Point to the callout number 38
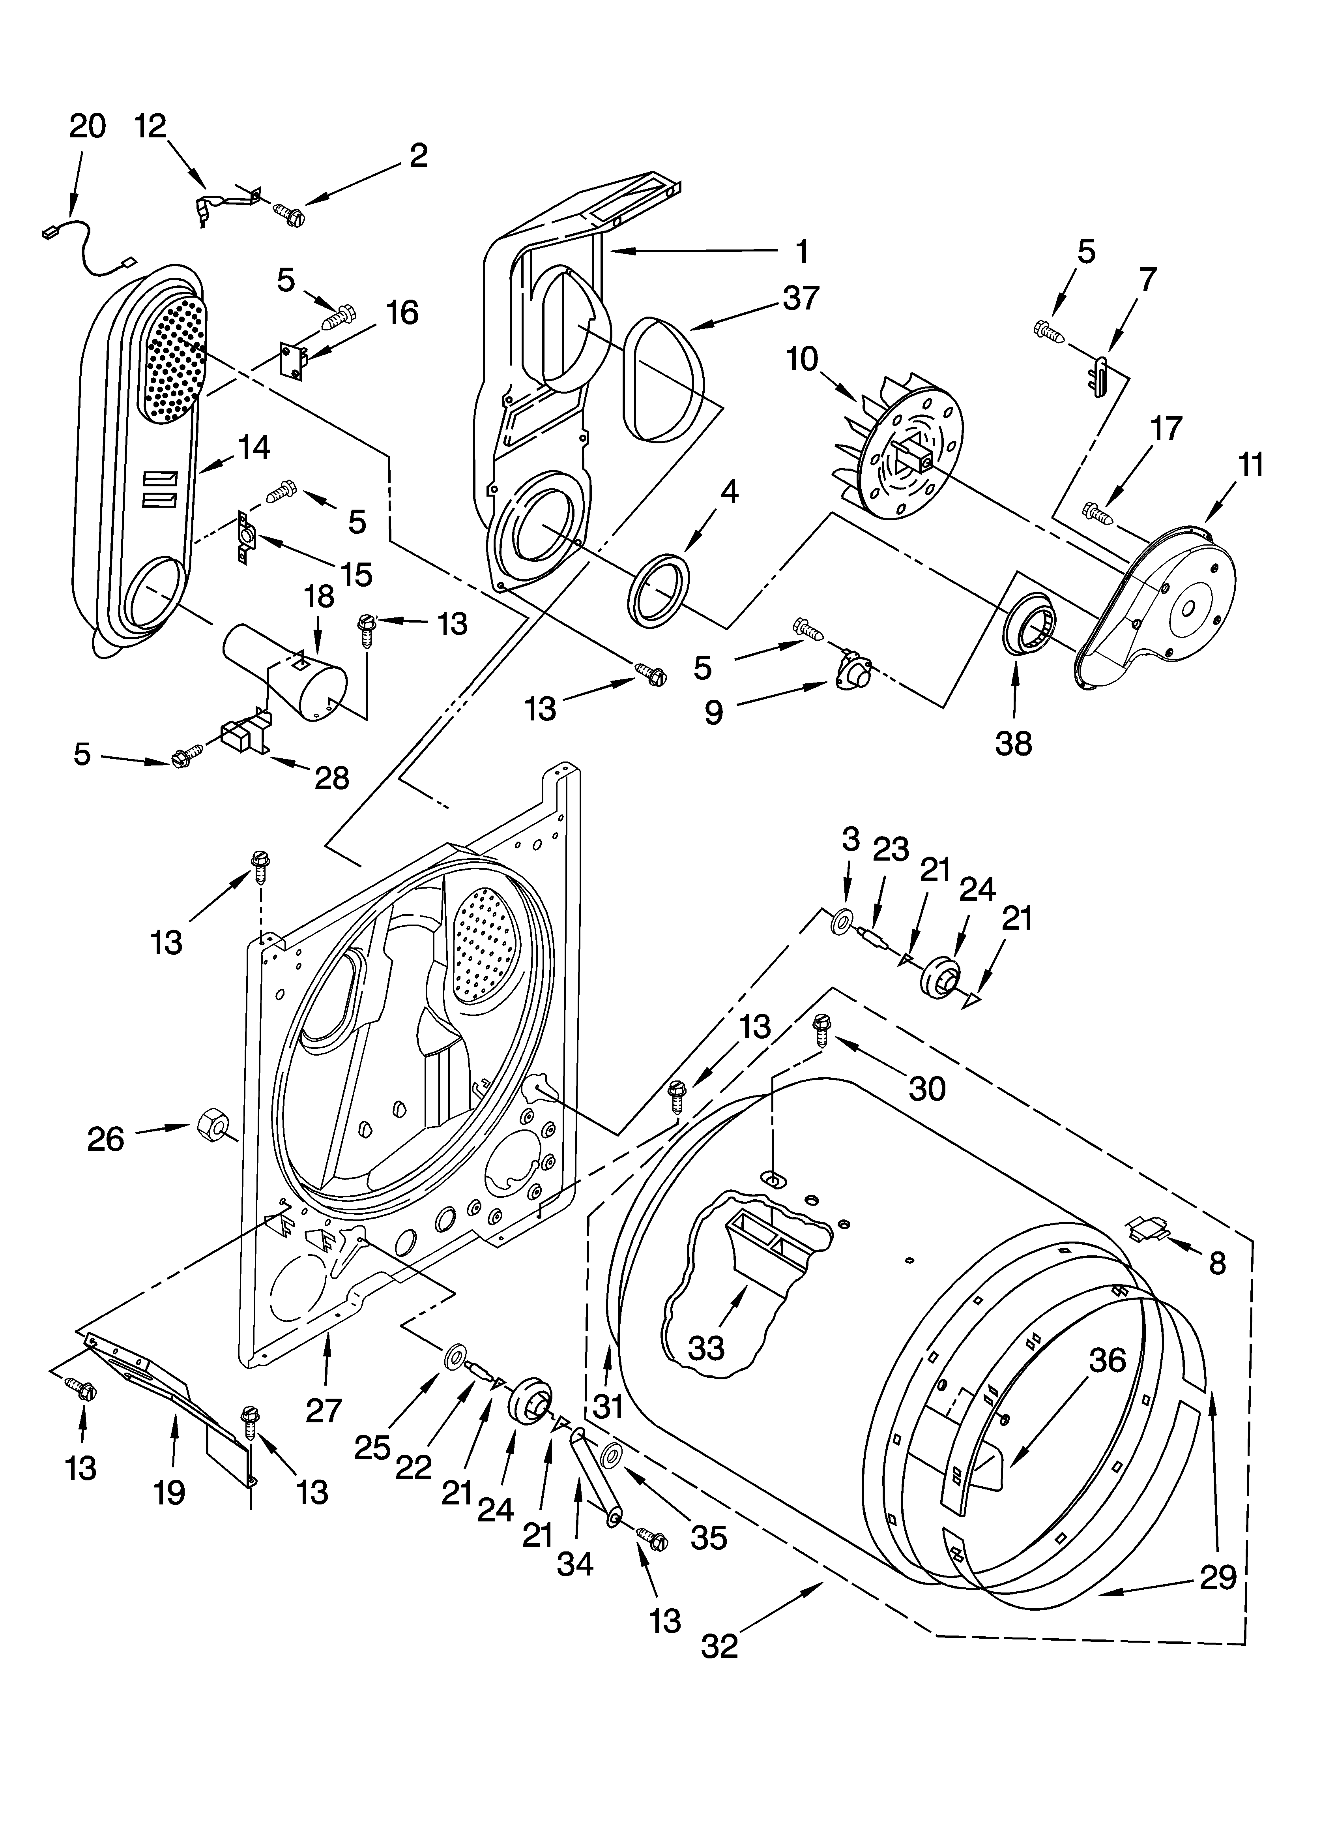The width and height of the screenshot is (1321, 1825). (x=1013, y=743)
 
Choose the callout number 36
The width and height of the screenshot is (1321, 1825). (x=1107, y=1361)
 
